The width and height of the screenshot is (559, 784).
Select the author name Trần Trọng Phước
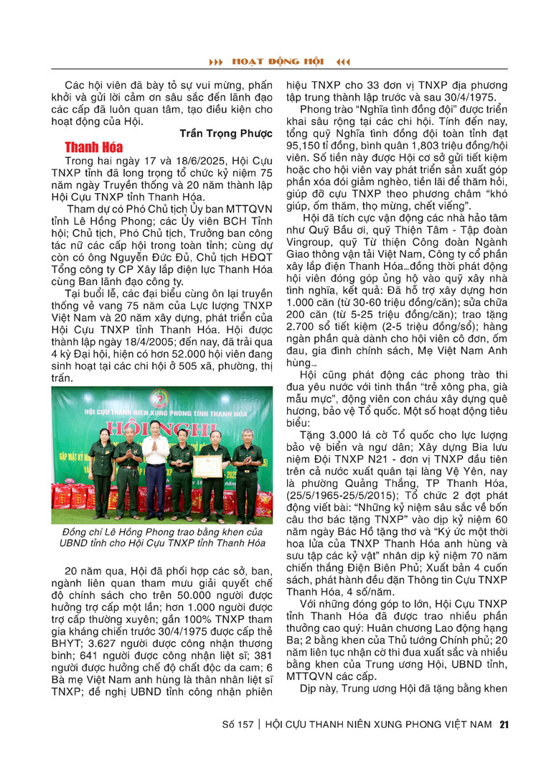[224, 134]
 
